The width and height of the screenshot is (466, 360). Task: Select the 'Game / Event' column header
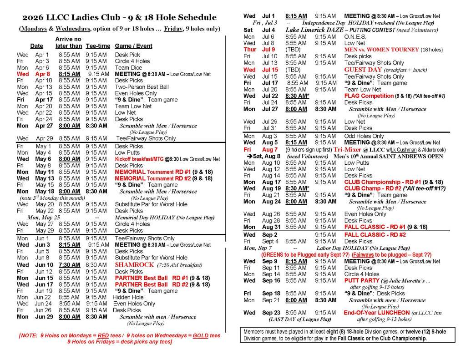pyautogui.click(x=134, y=46)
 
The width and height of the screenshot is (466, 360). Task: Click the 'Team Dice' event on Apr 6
pyautogui.click(x=129, y=67)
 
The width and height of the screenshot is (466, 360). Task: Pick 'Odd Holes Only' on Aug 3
pyautogui.click(x=364, y=136)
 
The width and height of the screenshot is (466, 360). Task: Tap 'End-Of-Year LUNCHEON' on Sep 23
pyautogui.click(x=377, y=313)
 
